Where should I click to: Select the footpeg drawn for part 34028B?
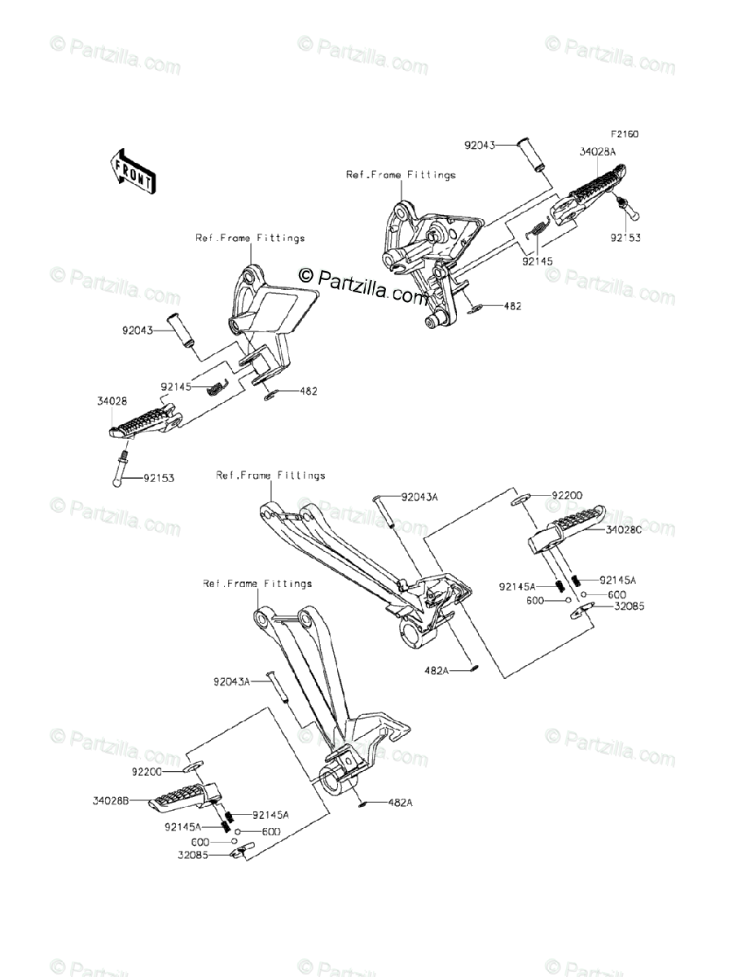[x=183, y=794]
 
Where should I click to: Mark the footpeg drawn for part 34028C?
[x=568, y=528]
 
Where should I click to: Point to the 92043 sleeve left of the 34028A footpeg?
[x=533, y=154]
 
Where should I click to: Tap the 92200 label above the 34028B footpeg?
[x=147, y=769]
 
